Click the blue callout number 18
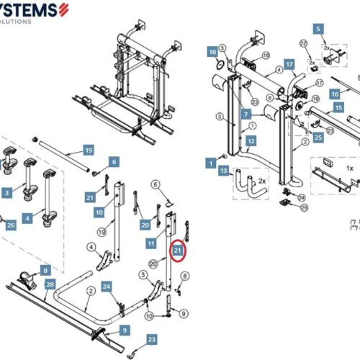click(212, 53)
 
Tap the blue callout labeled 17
click(289, 64)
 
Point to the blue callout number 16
click(335, 94)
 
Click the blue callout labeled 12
click(251, 142)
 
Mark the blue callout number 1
click(212, 163)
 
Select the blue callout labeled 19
click(89, 150)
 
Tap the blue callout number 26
click(10, 225)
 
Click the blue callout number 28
click(50, 285)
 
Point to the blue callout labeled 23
click(151, 339)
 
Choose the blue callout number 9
click(125, 330)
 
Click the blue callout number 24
click(107, 287)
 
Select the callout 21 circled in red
click(177, 250)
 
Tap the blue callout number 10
click(99, 212)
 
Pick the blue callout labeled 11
click(151, 245)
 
